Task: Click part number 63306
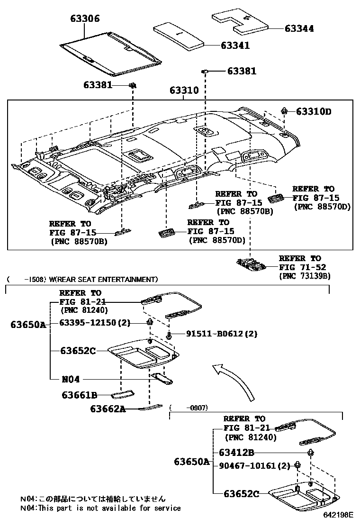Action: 85,19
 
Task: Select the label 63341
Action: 235,45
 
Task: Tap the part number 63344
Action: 299,28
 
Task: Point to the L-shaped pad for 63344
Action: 241,21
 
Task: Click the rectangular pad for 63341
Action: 180,35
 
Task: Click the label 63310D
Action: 314,112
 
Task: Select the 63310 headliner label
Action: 183,91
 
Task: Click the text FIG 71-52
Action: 300,267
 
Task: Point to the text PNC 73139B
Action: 305,275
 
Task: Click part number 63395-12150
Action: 95,323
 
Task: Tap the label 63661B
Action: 80,394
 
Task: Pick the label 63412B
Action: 236,452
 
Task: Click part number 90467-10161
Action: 254,465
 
